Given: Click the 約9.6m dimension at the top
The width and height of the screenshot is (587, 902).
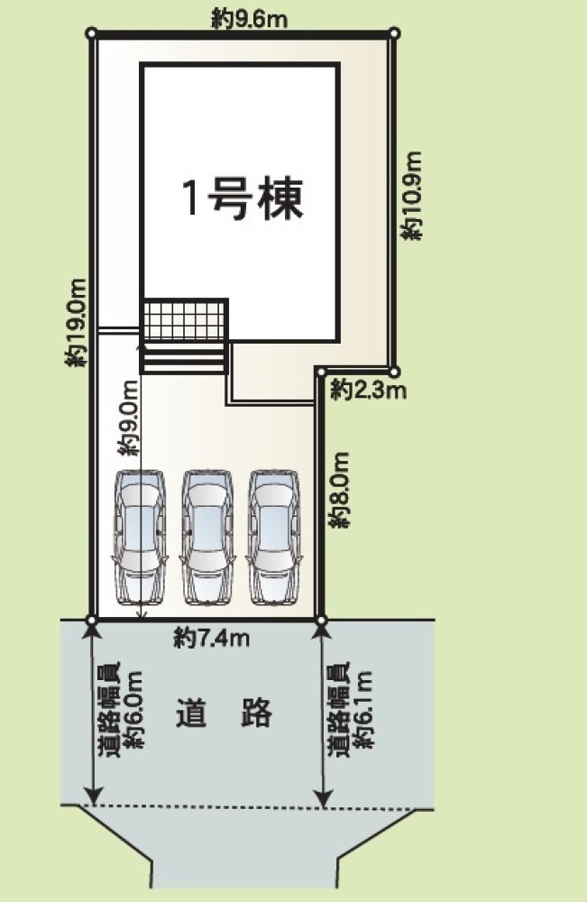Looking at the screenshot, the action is [x=249, y=20].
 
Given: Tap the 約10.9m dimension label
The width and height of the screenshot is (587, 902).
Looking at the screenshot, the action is [x=412, y=196].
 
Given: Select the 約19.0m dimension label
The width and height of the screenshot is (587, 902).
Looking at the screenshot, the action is [x=76, y=323].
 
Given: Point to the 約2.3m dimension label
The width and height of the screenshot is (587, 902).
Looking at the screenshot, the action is [x=369, y=391].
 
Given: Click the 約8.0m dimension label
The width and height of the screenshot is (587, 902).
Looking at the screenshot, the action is [x=340, y=490].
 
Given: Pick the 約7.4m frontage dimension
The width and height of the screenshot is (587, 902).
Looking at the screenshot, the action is [x=212, y=638].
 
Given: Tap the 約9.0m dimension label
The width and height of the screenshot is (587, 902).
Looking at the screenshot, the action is [x=129, y=419].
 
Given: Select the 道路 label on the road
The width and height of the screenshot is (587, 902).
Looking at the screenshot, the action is [x=223, y=713].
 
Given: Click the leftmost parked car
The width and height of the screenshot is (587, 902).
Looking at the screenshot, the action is [x=141, y=538].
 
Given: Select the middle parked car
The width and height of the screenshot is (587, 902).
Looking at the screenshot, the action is [x=207, y=538].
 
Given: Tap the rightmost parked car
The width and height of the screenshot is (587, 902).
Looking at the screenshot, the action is [x=274, y=538].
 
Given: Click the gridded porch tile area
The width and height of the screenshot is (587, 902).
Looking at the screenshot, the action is [x=185, y=319].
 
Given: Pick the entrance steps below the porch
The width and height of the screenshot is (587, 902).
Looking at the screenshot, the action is [x=183, y=358].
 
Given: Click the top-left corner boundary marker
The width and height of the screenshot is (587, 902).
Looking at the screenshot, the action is [x=91, y=33].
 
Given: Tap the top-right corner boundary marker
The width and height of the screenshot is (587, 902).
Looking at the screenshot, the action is [x=394, y=33].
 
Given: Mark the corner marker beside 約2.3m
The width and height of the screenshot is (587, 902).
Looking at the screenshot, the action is [x=394, y=373].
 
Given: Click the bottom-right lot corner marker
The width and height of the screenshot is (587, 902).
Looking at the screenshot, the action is [x=321, y=621].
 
